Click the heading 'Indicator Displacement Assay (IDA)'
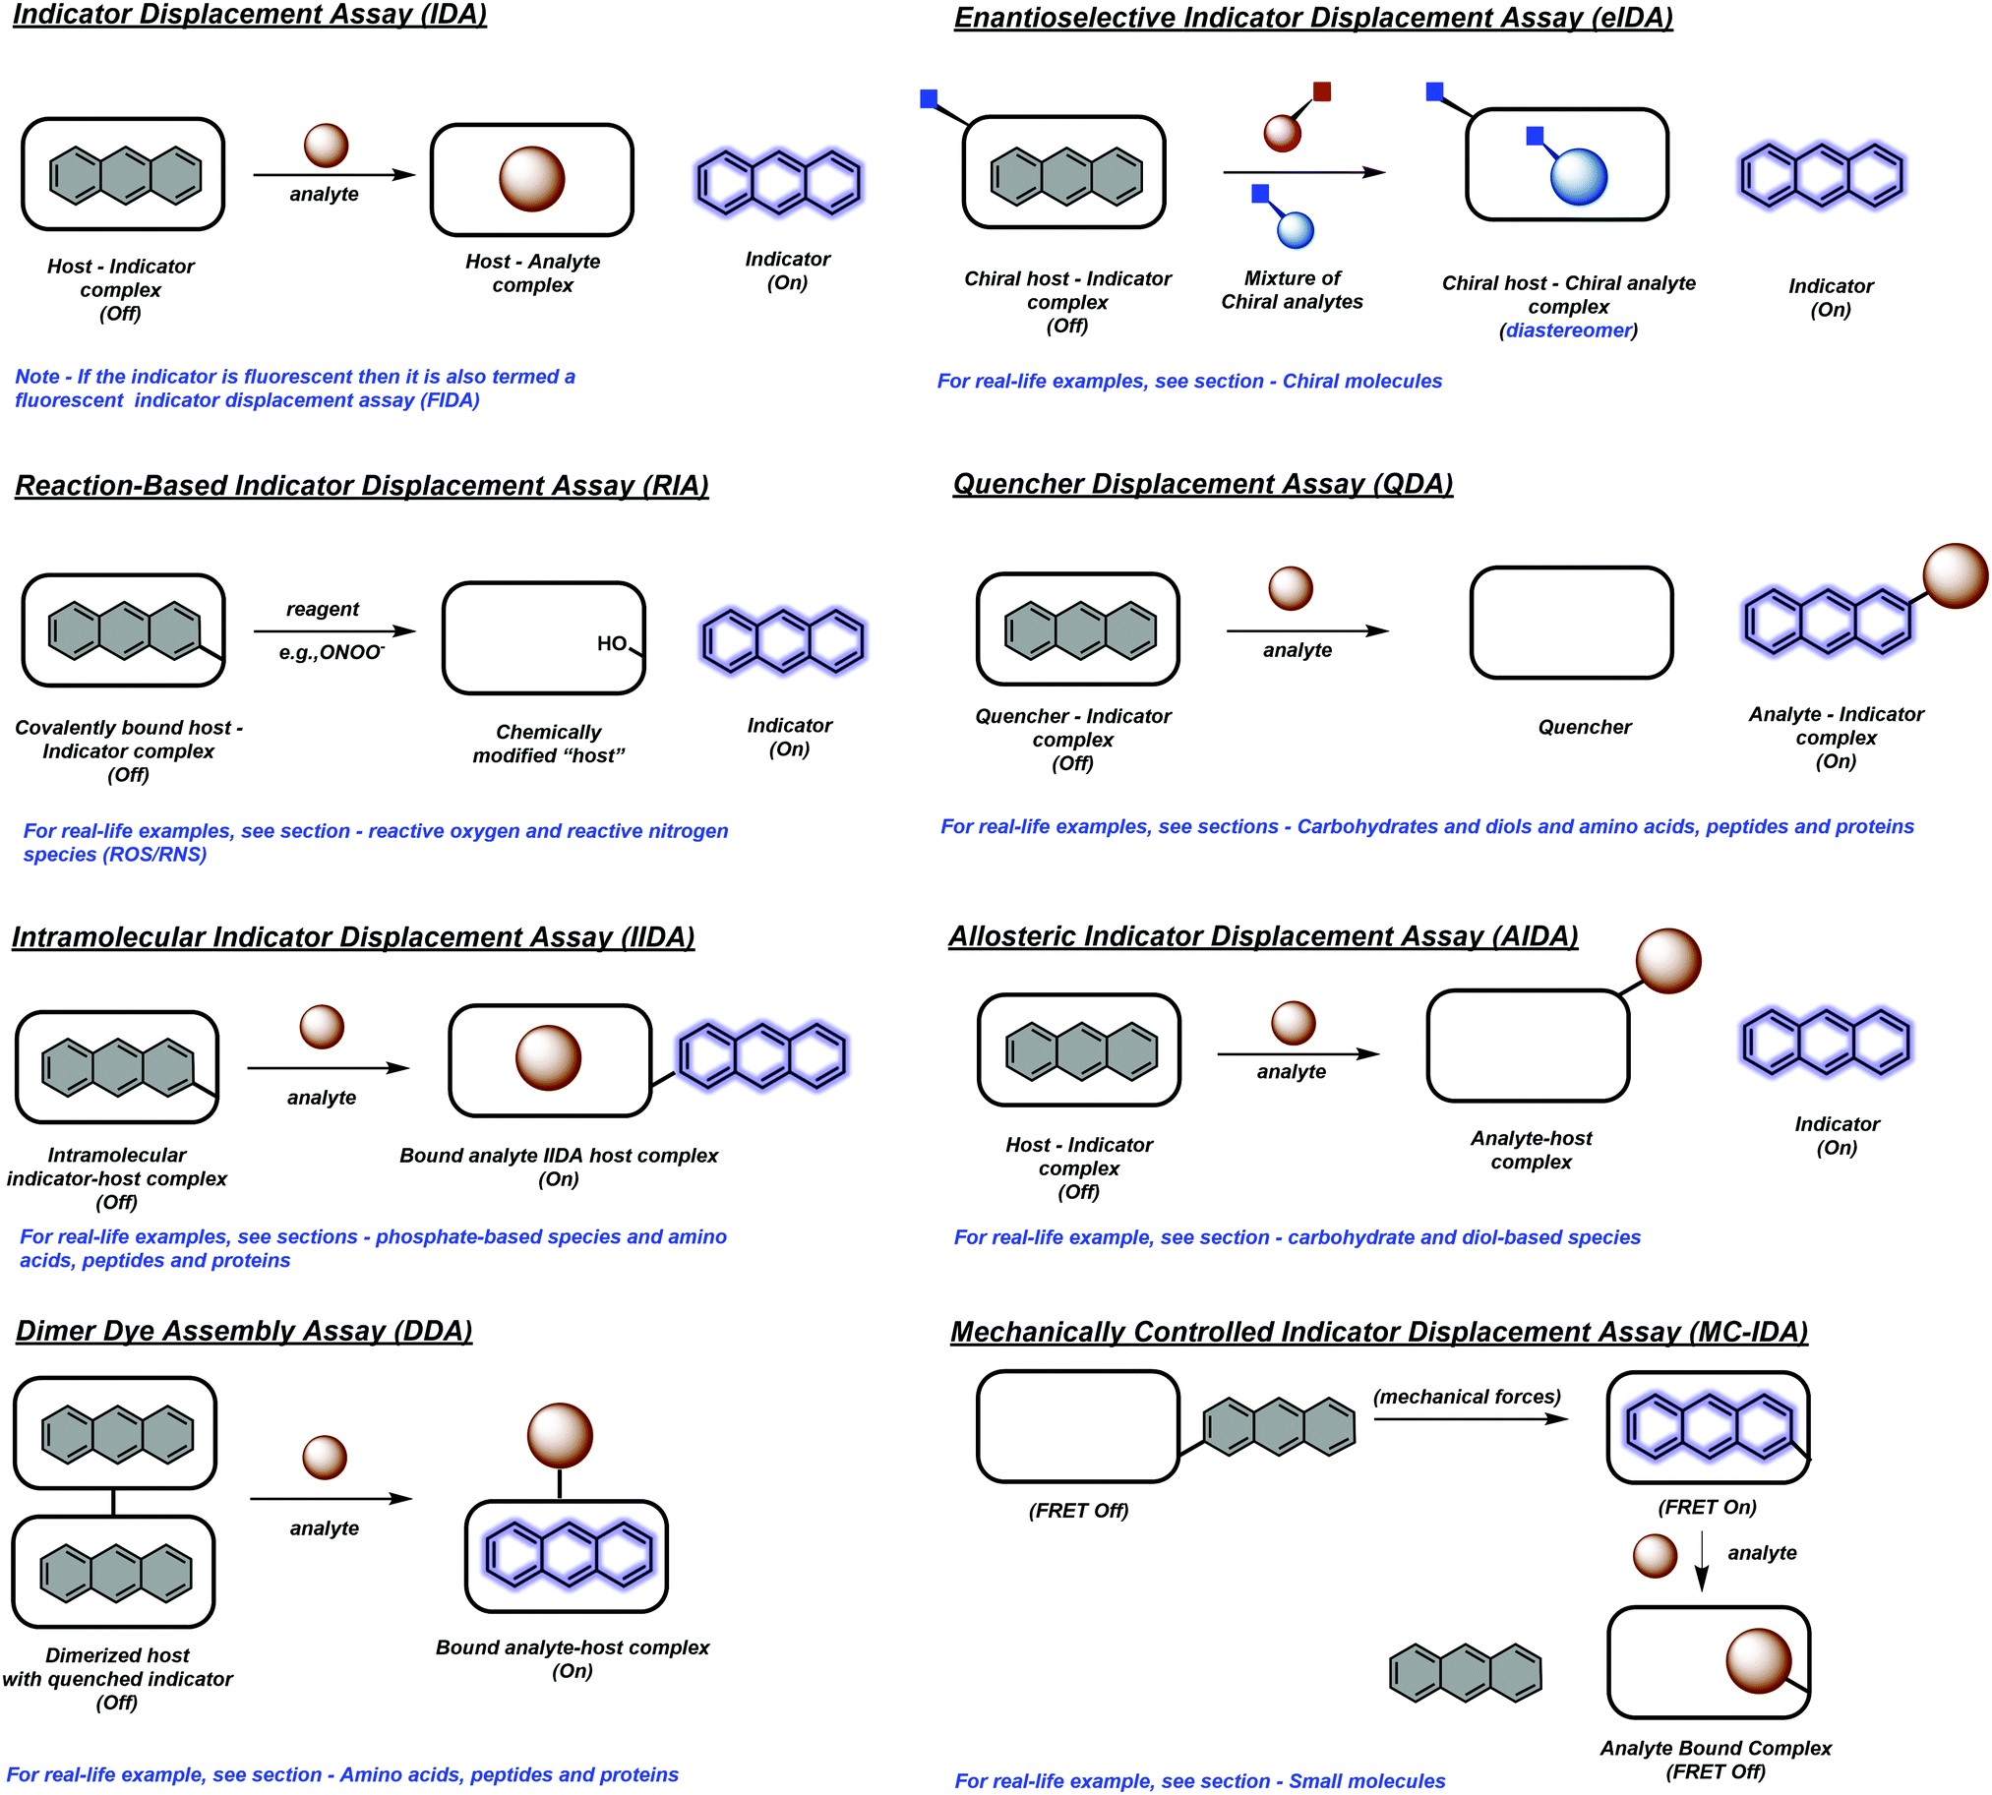pos(250,15)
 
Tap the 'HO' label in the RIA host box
pos(612,643)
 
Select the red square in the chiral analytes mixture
pos(1322,91)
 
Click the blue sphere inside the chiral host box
pos(1579,176)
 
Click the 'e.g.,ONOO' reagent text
pos(332,652)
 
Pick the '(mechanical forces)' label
pos(1468,1397)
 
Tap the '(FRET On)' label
pos(1707,1507)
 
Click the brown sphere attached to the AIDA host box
pos(1668,961)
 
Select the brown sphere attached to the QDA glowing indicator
pos(1956,576)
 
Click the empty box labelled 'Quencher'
pos(1571,623)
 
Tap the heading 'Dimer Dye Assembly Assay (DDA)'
pos(244,1332)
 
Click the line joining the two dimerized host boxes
pos(113,1502)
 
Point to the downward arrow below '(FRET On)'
pos(1701,1560)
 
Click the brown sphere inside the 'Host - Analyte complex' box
pos(531,178)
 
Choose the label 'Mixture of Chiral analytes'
pos(1292,290)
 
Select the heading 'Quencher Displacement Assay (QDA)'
pos(1203,484)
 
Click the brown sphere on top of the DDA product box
pos(560,1436)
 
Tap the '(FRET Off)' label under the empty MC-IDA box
pos(1078,1511)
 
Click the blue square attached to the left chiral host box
pos(928,98)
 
